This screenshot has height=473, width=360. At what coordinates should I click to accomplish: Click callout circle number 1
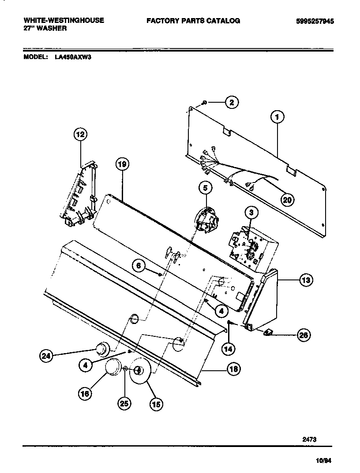pyautogui.click(x=277, y=117)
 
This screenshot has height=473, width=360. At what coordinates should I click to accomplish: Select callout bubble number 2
pyautogui.click(x=232, y=102)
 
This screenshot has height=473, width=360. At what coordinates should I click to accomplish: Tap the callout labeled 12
pyautogui.click(x=80, y=134)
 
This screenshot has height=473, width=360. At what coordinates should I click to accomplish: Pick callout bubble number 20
pyautogui.click(x=287, y=199)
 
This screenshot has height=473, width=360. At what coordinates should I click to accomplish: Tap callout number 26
pyautogui.click(x=303, y=335)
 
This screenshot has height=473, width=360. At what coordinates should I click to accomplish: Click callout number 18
pyautogui.click(x=233, y=369)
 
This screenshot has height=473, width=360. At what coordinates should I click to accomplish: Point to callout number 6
pyautogui.click(x=138, y=265)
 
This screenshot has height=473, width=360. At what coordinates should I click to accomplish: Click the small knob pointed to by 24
pyautogui.click(x=102, y=348)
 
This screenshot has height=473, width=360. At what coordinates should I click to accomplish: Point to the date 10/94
pyautogui.click(x=324, y=460)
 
